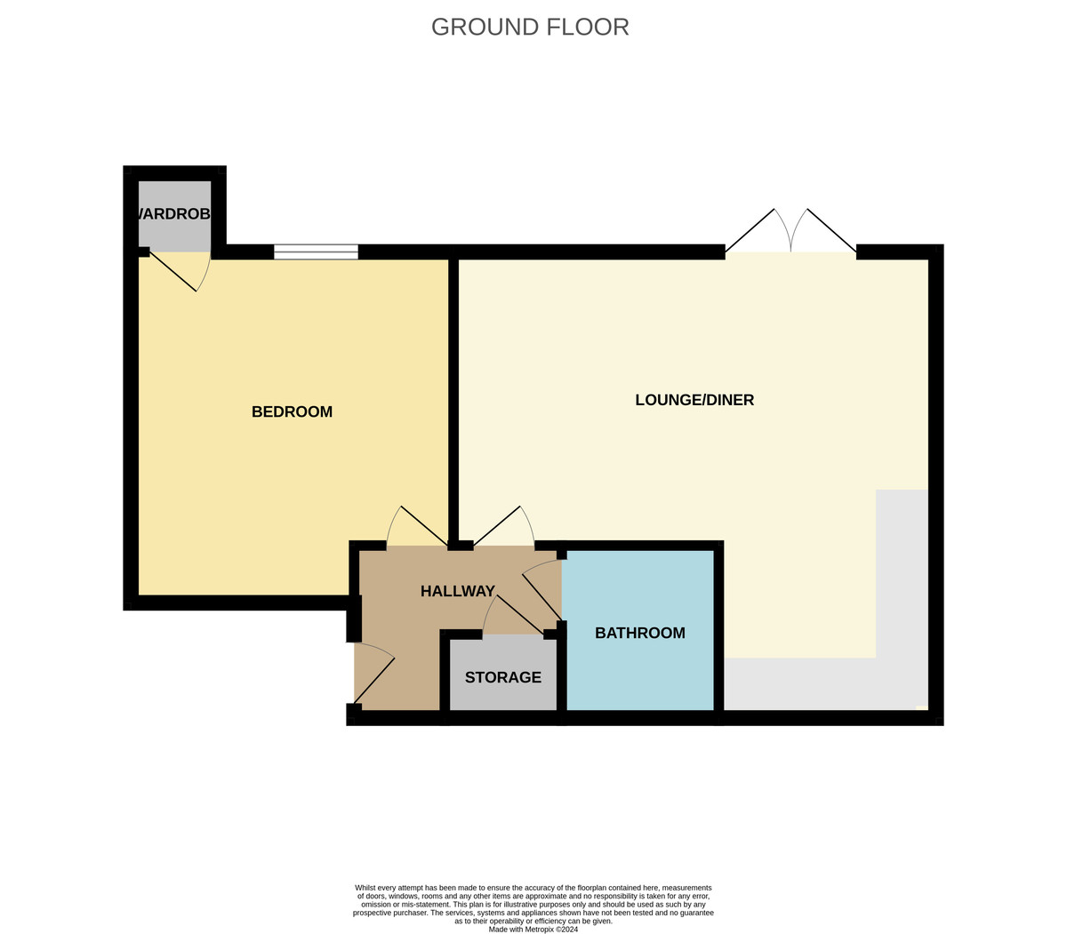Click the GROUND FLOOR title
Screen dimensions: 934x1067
(530, 27)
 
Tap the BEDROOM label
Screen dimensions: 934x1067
(292, 411)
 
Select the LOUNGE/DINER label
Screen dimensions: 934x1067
(694, 400)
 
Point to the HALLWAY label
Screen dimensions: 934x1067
(457, 591)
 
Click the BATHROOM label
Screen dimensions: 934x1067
(639, 633)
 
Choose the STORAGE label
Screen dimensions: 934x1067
(502, 677)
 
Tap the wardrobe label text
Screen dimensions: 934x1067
(174, 213)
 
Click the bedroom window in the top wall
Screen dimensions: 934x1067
(316, 251)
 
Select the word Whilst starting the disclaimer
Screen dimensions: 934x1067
(366, 888)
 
